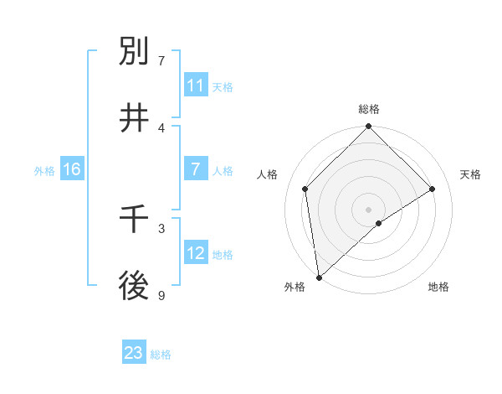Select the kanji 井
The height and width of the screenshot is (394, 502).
[135, 118]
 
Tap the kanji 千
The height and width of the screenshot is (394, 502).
[135, 220]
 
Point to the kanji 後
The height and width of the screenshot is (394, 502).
[135, 287]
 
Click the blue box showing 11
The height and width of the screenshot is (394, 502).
[196, 86]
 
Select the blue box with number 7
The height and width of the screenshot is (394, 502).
[196, 169]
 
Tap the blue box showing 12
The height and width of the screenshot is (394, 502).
[196, 253]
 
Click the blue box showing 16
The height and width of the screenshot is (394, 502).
[71, 169]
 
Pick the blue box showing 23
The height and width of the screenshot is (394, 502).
[134, 353]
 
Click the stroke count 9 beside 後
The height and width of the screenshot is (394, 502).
[161, 295]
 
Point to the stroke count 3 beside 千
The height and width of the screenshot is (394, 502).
[161, 227]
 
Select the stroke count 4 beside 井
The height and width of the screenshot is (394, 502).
[161, 127]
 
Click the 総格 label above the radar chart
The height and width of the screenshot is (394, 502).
[369, 109]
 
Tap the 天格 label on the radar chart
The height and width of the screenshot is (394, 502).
[471, 174]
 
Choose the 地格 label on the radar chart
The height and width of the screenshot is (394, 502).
[438, 287]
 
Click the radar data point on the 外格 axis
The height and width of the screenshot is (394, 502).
[319, 277]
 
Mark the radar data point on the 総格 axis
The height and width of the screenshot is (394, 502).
[369, 127]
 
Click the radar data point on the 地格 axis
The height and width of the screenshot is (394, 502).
[379, 223]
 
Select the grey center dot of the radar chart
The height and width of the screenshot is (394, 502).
[369, 209]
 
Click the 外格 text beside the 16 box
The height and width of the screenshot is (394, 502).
[44, 170]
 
